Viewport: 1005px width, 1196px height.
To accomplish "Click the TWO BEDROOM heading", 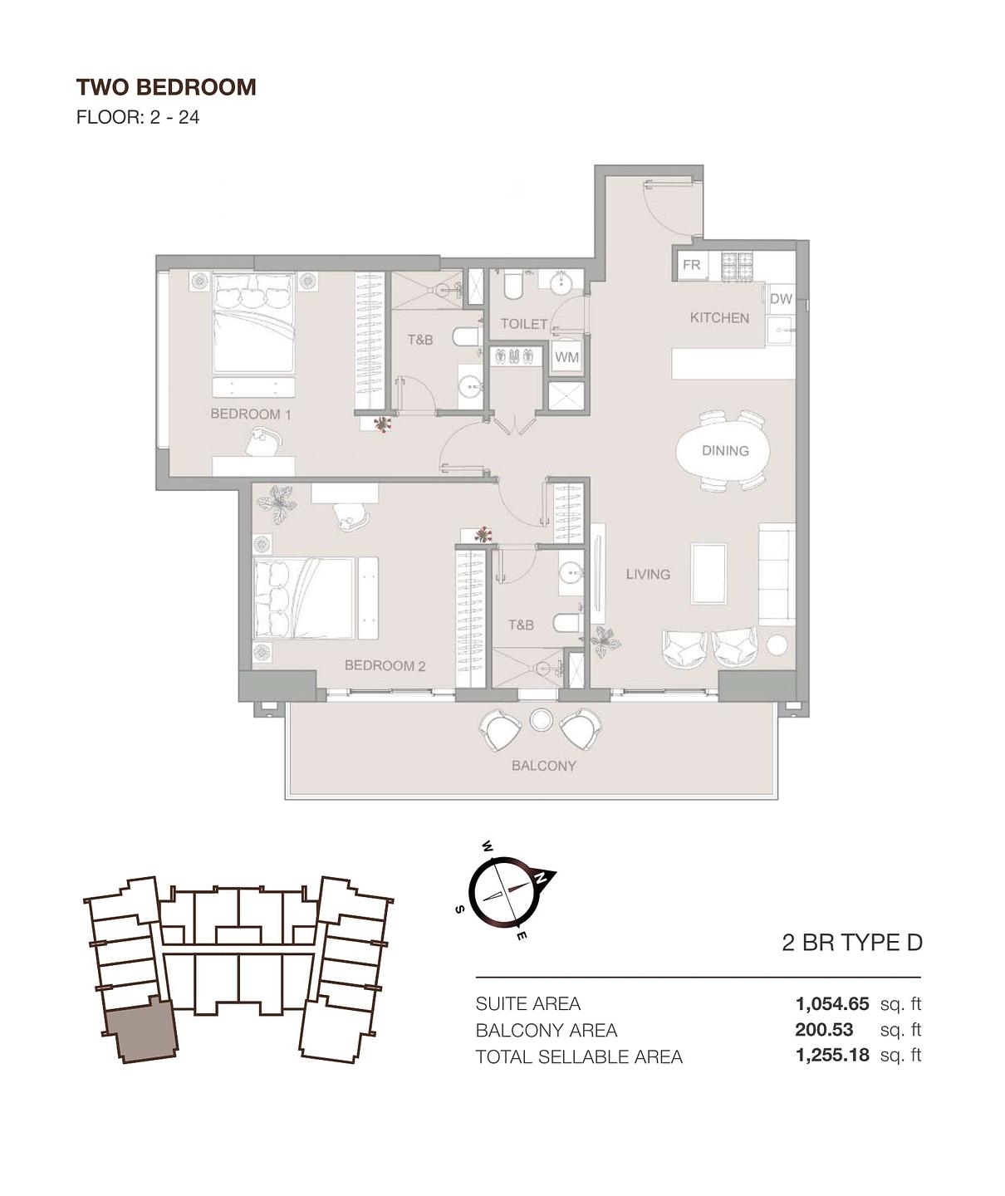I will pyautogui.click(x=166, y=87).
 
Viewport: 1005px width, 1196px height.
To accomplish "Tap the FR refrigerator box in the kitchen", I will pyautogui.click(x=691, y=266).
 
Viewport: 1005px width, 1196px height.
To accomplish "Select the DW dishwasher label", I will pyautogui.click(x=781, y=299).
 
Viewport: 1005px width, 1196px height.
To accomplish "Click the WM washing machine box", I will pyautogui.click(x=566, y=357).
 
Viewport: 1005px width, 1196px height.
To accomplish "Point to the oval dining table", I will pyautogui.click(x=724, y=451).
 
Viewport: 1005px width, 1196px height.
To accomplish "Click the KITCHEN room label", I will pyautogui.click(x=719, y=317).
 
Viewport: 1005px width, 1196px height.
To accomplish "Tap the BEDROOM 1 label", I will pyautogui.click(x=250, y=414).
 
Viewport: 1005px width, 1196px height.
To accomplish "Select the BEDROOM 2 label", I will pyautogui.click(x=385, y=665).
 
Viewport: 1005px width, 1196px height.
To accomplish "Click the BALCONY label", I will pyautogui.click(x=543, y=766).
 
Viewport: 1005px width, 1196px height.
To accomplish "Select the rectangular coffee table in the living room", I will pyautogui.click(x=708, y=573).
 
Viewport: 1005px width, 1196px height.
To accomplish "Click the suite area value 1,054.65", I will pyautogui.click(x=831, y=1003).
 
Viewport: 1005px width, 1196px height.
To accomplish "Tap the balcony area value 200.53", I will pyautogui.click(x=824, y=1030).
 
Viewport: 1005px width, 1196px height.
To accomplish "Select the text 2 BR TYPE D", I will pyautogui.click(x=852, y=943).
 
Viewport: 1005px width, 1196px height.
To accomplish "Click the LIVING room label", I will pyautogui.click(x=648, y=574).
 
